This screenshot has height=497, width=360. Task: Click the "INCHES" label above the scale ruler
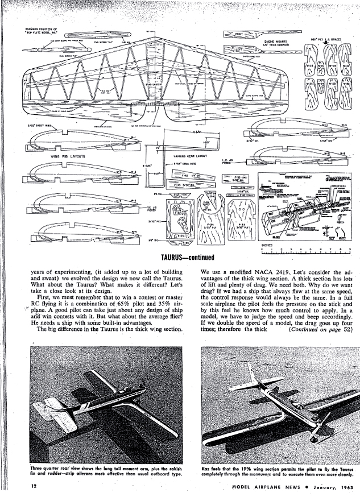point(267,246)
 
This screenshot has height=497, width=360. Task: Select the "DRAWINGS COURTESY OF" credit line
point(38,28)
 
